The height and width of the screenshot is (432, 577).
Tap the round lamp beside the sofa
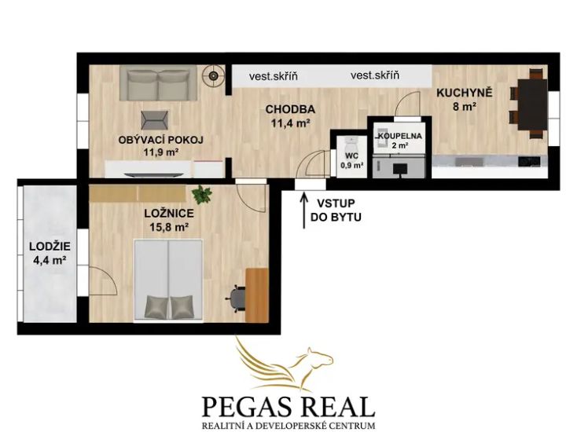pyautogui.click(x=214, y=75)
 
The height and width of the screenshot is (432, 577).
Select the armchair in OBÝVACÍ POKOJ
pyautogui.click(x=155, y=120)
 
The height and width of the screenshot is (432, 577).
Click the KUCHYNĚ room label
pyautogui.click(x=464, y=93)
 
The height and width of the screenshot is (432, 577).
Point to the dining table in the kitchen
pyautogui.click(x=531, y=104)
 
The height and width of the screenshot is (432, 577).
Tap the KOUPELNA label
pyautogui.click(x=400, y=136)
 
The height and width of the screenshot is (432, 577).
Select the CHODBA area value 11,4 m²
pyautogui.click(x=289, y=123)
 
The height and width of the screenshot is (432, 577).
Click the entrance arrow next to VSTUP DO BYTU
pyautogui.click(x=304, y=211)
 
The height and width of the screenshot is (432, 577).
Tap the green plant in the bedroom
pyautogui.click(x=201, y=195)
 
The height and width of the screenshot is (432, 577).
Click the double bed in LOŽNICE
pyautogui.click(x=168, y=280)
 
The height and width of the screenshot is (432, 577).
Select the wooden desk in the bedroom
pyautogui.click(x=257, y=295)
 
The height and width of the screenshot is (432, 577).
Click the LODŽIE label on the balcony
pyautogui.click(x=50, y=247)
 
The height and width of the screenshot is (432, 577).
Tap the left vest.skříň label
pyautogui.click(x=274, y=76)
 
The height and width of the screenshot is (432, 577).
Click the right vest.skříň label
pyautogui.click(x=375, y=75)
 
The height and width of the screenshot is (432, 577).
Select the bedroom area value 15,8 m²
pyautogui.click(x=169, y=227)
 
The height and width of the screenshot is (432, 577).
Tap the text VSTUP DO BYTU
pyautogui.click(x=336, y=211)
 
